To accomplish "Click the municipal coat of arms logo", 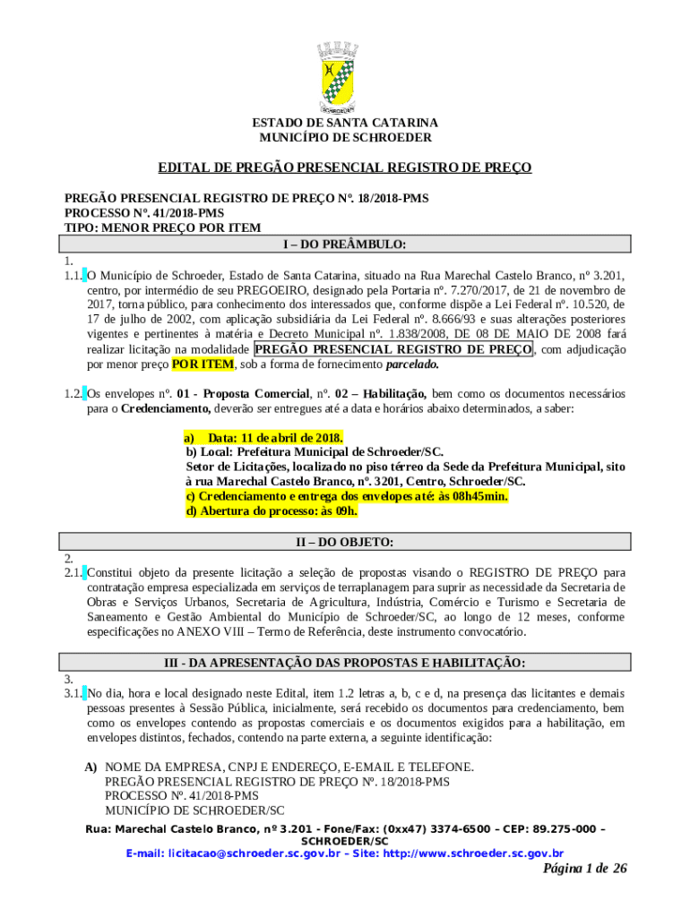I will coord(345,77).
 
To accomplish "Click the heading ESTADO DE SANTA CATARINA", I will coord(345,122).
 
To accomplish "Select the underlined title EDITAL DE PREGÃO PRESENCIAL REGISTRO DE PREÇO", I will coord(345,167).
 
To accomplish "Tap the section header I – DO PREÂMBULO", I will coord(345,244).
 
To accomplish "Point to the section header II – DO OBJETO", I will coord(345,542).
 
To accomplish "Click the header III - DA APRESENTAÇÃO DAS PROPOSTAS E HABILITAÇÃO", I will coord(345,663).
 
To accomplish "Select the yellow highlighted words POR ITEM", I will coord(203,364).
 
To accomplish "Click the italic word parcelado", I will coord(412,364).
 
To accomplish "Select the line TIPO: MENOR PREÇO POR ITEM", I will coord(162,227).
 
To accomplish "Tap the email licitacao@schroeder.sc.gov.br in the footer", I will coord(233,853).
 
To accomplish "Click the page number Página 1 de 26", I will coord(584,870).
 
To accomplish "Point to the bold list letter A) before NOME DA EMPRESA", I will coord(91,767).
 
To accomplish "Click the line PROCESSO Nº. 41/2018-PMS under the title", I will coord(143,213).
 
